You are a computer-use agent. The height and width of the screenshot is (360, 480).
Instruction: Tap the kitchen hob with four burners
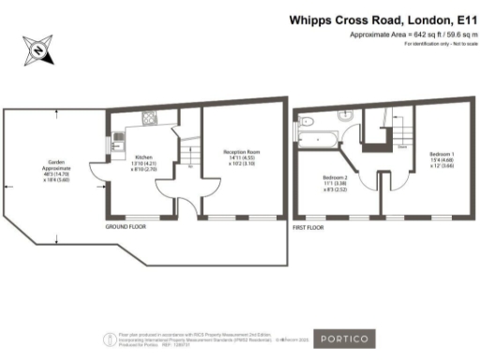(148, 118)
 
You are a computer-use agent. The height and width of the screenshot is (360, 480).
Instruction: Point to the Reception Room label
(241, 156)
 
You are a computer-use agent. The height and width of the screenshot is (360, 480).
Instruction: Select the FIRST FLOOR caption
(310, 227)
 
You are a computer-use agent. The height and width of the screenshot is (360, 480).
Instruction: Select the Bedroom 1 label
(442, 157)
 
